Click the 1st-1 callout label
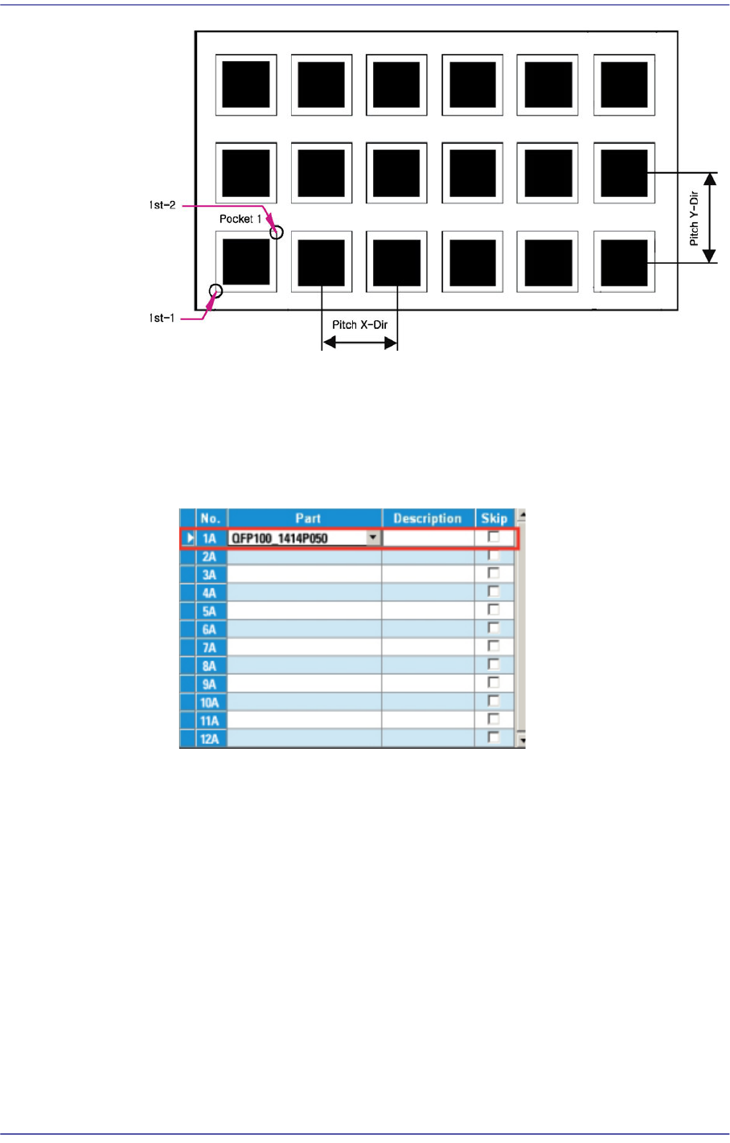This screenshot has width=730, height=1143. [x=162, y=319]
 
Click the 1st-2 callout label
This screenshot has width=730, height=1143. [x=162, y=206]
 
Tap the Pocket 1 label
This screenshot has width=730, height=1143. [x=240, y=219]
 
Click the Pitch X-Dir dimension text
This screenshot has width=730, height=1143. [x=360, y=325]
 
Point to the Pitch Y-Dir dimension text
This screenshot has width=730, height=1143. [x=694, y=218]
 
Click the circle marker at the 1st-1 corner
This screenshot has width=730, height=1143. [x=215, y=290]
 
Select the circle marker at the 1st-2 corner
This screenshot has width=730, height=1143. [x=277, y=232]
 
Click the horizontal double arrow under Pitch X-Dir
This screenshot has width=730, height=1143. [x=360, y=343]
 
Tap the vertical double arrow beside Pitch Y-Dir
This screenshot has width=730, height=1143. [x=709, y=218]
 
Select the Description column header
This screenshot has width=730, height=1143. [x=428, y=519]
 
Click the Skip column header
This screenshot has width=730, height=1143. [x=494, y=519]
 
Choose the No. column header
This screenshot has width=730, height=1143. [x=211, y=519]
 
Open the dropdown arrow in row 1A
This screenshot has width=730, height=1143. [x=374, y=538]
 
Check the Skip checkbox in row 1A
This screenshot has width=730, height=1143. [x=494, y=537]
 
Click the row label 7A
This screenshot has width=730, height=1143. [x=210, y=648]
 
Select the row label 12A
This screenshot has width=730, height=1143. [x=210, y=739]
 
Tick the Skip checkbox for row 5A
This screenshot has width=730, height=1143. [x=494, y=611]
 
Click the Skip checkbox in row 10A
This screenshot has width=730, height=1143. [x=494, y=701]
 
